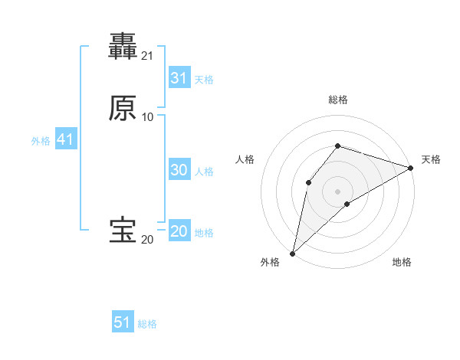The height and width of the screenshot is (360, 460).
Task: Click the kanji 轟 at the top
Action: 123,47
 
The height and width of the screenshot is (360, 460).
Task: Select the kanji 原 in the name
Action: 123,108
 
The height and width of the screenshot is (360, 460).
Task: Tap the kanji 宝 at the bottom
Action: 123,231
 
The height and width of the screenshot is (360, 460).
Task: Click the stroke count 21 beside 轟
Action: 147,56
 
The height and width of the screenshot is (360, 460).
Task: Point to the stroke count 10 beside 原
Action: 147,117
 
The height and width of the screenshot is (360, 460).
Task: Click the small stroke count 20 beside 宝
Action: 147,240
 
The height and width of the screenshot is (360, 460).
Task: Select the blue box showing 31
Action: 179,78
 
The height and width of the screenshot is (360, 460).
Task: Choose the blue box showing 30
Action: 179,170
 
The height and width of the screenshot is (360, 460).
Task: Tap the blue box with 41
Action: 65,139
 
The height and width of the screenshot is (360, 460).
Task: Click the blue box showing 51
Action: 123,322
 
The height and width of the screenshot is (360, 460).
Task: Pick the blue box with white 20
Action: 179,231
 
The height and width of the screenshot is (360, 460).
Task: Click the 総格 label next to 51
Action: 147,324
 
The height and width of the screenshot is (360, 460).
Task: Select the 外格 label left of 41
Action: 41,141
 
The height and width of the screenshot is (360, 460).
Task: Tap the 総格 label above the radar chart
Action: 338,100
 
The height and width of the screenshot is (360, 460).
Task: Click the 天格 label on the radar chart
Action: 431,159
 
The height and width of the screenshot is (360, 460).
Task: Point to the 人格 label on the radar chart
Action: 245,159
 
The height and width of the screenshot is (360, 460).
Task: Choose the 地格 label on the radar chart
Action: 402,263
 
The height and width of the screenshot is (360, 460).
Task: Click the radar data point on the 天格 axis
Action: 411,168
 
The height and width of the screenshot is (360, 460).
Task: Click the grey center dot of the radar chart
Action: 338,191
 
